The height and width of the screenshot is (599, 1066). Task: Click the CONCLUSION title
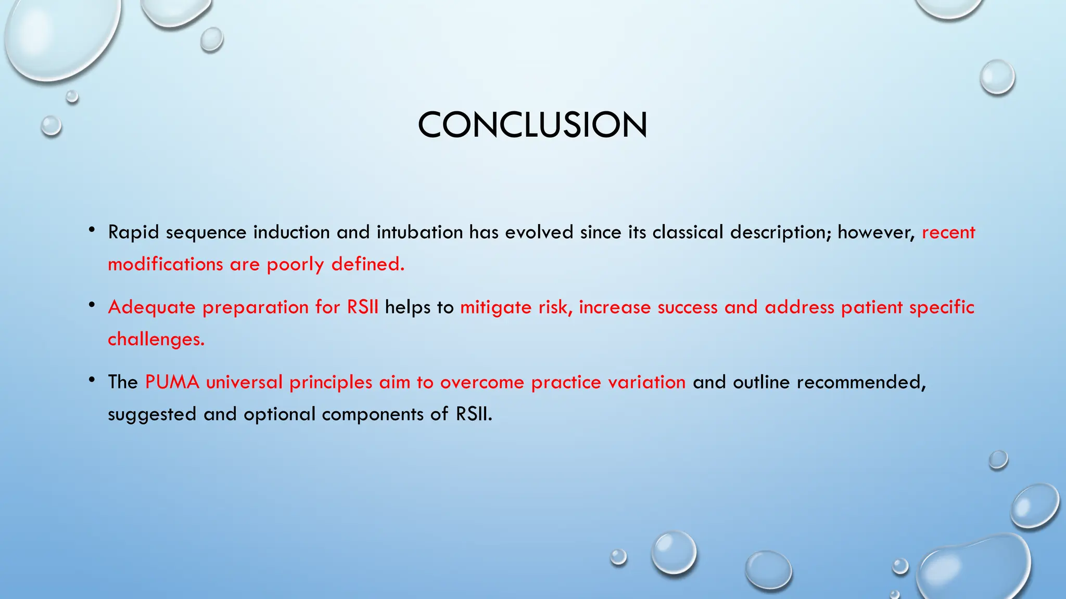click(532, 125)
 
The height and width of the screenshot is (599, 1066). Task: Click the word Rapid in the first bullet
click(133, 232)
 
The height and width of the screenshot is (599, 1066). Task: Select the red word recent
click(948, 232)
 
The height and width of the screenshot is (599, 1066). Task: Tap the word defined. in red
click(367, 264)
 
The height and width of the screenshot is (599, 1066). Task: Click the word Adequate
click(151, 307)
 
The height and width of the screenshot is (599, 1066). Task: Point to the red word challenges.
click(156, 339)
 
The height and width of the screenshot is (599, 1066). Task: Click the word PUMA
click(172, 382)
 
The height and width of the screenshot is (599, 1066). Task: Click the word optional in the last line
click(280, 414)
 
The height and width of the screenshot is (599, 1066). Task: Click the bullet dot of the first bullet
click(92, 229)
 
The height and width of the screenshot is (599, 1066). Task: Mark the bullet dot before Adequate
click(92, 305)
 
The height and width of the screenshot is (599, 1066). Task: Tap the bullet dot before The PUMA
click(92, 380)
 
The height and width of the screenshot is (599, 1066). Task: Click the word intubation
click(420, 232)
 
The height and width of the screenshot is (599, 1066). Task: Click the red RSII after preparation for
click(363, 307)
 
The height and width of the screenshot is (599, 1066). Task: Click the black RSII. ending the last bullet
click(474, 414)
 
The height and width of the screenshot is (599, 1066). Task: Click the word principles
click(331, 382)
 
